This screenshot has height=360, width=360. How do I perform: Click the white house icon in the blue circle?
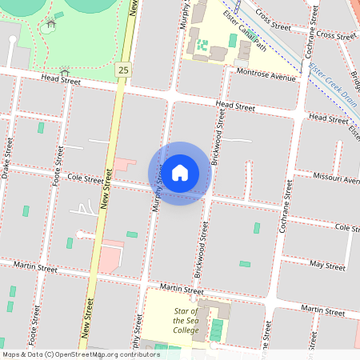click(180, 172)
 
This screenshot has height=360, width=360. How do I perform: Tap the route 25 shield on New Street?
click(122, 70)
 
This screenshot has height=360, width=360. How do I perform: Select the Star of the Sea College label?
click(185, 320)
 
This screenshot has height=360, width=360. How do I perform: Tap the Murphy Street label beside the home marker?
click(159, 186)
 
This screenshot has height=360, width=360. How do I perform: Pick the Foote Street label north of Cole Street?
click(58, 157)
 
